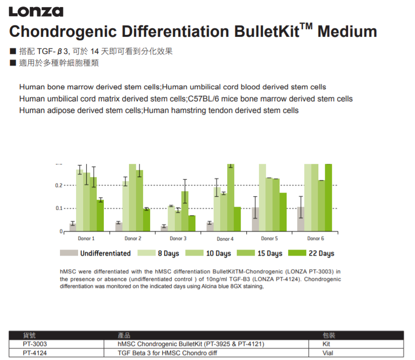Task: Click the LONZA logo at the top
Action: coord(36,11)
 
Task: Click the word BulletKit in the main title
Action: coord(266,31)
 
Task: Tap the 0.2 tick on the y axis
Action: coord(59,186)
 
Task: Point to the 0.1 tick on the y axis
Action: coord(59,208)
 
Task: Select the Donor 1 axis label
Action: coord(86,238)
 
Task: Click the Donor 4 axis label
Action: coord(225,238)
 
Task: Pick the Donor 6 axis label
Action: coord(316,238)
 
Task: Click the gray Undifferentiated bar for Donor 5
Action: coord(255,219)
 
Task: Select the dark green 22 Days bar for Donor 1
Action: coord(100,215)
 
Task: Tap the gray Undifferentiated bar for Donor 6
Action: coord(301,219)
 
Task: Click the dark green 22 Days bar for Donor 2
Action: coord(147,220)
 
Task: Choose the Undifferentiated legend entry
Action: coord(95,253)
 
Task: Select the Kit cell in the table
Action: coord(327,344)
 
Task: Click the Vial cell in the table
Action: coord(328,353)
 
